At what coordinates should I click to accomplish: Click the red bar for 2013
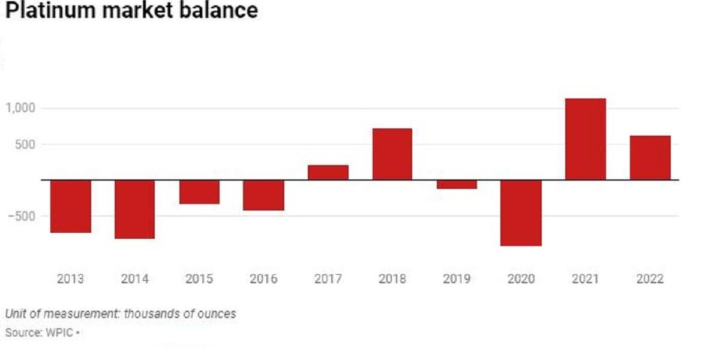point(71,206)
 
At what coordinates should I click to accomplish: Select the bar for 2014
point(135,209)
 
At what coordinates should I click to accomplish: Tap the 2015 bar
point(199,191)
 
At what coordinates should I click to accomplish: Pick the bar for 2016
point(263,195)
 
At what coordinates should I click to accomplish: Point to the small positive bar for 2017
point(328,172)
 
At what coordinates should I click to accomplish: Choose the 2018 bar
point(392,154)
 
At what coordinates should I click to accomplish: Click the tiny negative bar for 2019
point(457,184)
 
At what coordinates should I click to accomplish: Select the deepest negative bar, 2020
point(521,212)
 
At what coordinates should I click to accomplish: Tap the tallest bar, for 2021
point(586,139)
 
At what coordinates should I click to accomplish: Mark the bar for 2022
point(650,158)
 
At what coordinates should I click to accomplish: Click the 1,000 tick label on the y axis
point(21,108)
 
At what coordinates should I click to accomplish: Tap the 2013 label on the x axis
point(71,279)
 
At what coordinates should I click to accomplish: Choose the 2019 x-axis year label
point(457,279)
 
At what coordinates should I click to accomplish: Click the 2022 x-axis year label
point(650,279)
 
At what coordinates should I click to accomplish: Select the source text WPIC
point(60,332)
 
